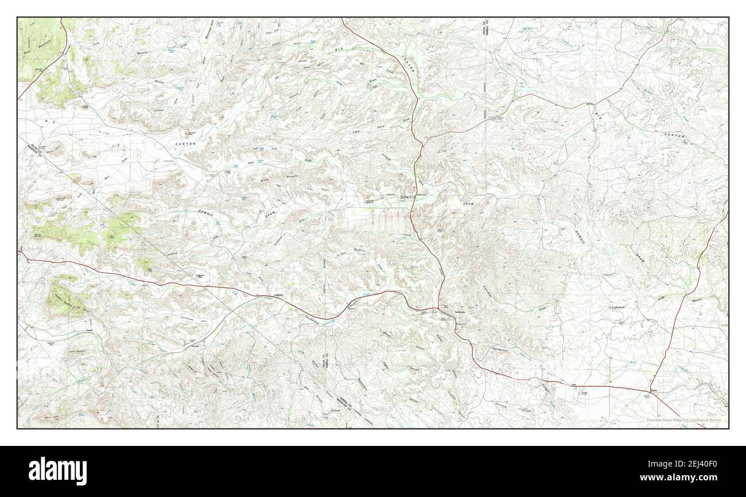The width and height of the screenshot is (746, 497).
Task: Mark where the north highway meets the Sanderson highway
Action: (440, 310)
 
